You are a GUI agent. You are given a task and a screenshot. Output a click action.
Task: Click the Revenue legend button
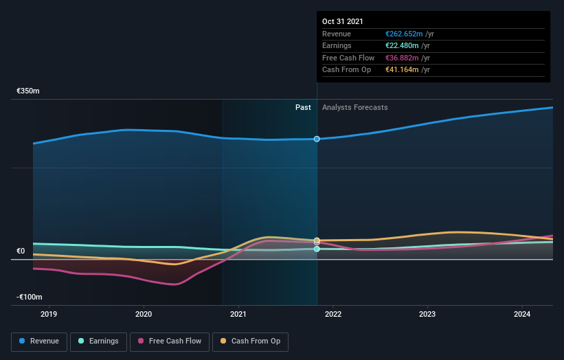[40, 341]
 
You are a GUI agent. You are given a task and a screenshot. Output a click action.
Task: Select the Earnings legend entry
[98, 341]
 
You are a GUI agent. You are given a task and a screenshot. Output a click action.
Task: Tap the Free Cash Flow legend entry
[170, 341]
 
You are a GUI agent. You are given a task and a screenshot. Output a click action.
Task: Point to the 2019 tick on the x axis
[49, 315]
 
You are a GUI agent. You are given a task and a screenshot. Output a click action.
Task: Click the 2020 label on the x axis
[144, 315]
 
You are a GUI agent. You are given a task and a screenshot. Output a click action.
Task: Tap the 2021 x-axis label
[238, 315]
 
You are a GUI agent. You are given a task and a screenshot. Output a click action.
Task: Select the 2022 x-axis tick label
[332, 315]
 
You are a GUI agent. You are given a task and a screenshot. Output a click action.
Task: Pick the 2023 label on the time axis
[427, 315]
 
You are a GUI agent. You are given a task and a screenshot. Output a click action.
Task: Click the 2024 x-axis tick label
[521, 315]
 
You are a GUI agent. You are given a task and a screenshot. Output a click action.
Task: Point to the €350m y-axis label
[28, 91]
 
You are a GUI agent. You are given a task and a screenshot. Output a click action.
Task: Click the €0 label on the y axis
[21, 251]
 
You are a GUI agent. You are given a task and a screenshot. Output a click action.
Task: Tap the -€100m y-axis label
[30, 297]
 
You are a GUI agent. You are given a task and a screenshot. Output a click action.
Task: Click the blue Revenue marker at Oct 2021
[317, 139]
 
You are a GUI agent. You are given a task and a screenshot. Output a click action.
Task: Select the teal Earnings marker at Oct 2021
[317, 249]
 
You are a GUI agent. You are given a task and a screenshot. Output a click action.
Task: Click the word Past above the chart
[303, 107]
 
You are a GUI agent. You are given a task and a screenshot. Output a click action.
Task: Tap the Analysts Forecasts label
[354, 107]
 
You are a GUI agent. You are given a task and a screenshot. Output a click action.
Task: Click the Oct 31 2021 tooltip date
[343, 21]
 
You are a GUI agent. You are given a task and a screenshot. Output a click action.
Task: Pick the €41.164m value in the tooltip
[403, 70]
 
